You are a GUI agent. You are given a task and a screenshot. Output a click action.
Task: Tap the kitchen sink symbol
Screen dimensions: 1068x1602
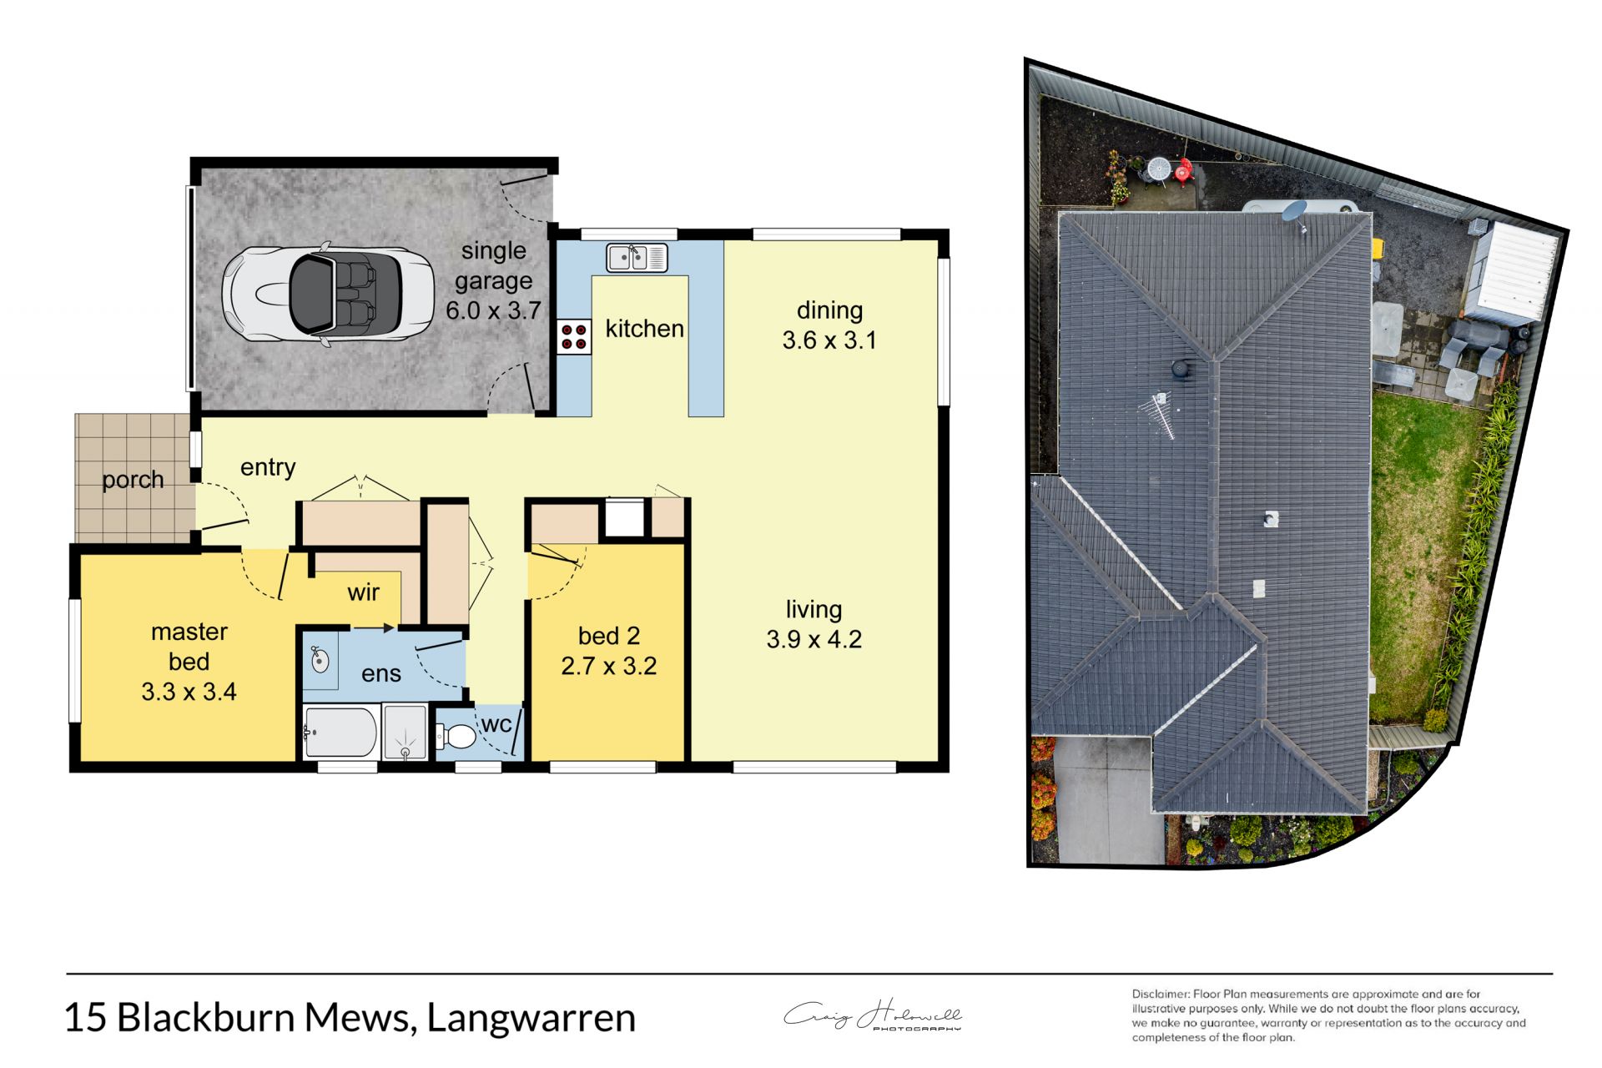pyautogui.click(x=637, y=258)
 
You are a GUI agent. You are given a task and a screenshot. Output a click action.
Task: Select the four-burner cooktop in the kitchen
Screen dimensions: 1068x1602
pyautogui.click(x=574, y=337)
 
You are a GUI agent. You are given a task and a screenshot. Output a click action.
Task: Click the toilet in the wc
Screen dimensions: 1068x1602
pyautogui.click(x=456, y=737)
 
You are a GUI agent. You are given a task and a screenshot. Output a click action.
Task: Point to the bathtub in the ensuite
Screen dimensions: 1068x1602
pyautogui.click(x=340, y=733)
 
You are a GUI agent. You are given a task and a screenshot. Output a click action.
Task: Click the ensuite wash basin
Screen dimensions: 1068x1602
pyautogui.click(x=320, y=661)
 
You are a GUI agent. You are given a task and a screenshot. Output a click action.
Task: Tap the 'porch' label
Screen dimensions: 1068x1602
pyautogui.click(x=133, y=480)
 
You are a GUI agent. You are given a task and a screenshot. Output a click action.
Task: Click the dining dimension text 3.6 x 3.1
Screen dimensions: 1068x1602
pyautogui.click(x=829, y=340)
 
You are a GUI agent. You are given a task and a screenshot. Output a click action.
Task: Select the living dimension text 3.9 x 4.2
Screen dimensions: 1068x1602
pyautogui.click(x=814, y=639)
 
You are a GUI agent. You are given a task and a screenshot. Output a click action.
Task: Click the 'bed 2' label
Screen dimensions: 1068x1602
pyautogui.click(x=608, y=636)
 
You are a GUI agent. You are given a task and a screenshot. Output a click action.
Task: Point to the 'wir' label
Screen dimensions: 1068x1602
pyautogui.click(x=363, y=592)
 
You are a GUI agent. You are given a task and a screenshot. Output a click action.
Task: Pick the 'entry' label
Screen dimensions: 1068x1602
pyautogui.click(x=268, y=467)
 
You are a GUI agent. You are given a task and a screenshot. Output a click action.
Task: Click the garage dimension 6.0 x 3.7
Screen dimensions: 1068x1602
pyautogui.click(x=493, y=311)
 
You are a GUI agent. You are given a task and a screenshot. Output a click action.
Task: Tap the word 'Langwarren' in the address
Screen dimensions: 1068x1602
pyautogui.click(x=531, y=1018)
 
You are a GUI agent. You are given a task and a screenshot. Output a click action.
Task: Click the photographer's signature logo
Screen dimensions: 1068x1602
pyautogui.click(x=872, y=1015)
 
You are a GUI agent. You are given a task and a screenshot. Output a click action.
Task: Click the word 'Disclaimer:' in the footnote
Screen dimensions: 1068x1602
pyautogui.click(x=1161, y=994)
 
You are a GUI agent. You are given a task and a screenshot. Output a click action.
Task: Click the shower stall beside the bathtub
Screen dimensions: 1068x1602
pyautogui.click(x=406, y=733)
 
